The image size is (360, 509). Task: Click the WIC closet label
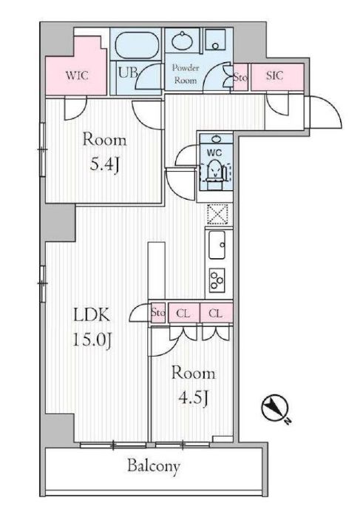click(x=77, y=75)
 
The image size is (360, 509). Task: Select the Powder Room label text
click(x=186, y=74)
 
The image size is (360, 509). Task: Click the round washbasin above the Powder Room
click(x=182, y=41)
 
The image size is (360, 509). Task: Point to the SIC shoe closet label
click(x=274, y=75)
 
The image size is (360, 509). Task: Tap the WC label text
click(x=214, y=152)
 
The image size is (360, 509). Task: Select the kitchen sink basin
click(x=217, y=245)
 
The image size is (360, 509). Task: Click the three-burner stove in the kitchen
click(x=217, y=280)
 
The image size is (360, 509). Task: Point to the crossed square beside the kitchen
click(x=217, y=214)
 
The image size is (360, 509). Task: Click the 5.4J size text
click(x=104, y=166)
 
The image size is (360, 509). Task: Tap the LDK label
click(x=92, y=315)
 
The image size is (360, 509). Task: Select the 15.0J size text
click(x=92, y=340)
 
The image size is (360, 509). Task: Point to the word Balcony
click(x=154, y=466)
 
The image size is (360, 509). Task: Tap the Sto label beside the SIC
click(x=240, y=77)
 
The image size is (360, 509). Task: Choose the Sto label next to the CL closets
click(x=158, y=313)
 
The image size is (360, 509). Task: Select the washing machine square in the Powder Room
click(x=215, y=40)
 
